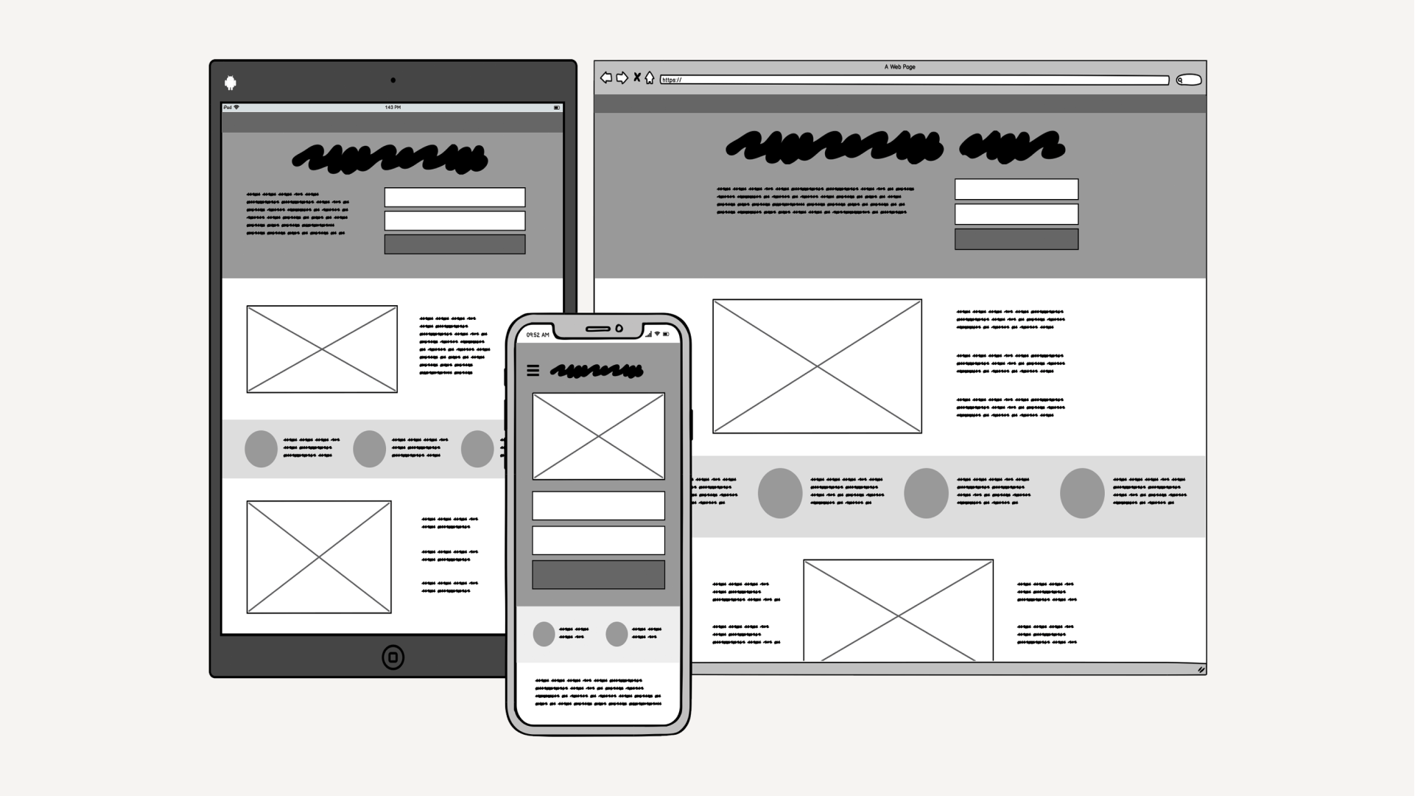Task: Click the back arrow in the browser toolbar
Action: click(606, 77)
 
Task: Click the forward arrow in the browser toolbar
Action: click(622, 77)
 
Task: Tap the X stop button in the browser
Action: click(637, 77)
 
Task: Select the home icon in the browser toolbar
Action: click(650, 77)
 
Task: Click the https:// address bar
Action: click(913, 80)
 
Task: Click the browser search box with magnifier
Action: click(1189, 80)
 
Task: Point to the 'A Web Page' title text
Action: click(899, 67)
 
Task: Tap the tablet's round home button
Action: click(393, 657)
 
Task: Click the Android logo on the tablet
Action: click(231, 83)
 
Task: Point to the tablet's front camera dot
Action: click(393, 80)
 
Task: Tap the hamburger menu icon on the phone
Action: click(533, 371)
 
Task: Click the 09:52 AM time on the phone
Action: click(538, 335)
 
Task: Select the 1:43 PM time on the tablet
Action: click(393, 108)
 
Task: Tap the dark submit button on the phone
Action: click(598, 575)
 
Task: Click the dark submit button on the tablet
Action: click(454, 245)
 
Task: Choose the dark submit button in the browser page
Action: click(1016, 240)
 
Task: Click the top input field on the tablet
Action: click(454, 197)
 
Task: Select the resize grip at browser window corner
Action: click(1201, 669)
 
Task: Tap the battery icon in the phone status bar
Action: click(666, 335)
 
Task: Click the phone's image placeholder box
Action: click(598, 436)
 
